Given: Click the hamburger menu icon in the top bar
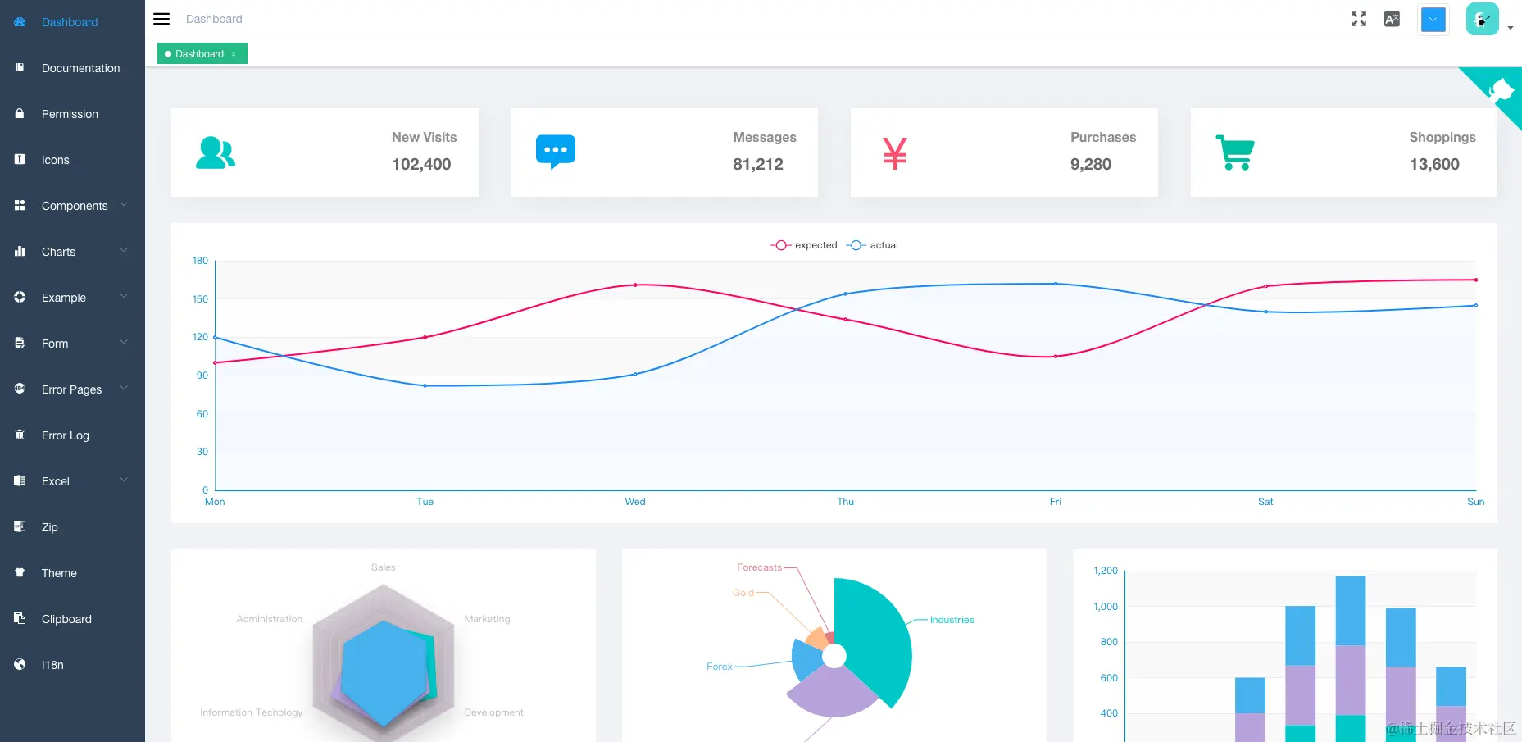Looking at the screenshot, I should click(161, 19).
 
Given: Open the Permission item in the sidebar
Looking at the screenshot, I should click(70, 114).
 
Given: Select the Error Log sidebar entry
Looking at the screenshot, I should click(65, 435).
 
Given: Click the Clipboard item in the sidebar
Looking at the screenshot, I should click(66, 619).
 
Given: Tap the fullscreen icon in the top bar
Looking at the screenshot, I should click(1358, 19).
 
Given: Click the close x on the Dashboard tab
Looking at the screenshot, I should click(234, 55).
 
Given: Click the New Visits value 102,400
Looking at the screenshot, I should click(421, 164).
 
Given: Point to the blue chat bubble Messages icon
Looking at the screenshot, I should click(555, 152).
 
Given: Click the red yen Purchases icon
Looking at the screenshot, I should click(894, 153).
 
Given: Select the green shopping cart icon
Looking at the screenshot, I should click(1234, 152).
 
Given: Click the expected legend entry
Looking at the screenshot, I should click(805, 245).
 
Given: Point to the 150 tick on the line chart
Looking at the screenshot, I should click(200, 299).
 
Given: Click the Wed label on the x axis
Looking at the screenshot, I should click(635, 502).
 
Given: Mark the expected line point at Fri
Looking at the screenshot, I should click(1056, 357).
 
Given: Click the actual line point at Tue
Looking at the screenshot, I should click(425, 385).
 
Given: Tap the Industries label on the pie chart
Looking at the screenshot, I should click(952, 620).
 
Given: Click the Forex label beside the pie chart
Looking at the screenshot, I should click(719, 667).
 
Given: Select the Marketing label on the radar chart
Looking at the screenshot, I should click(487, 619).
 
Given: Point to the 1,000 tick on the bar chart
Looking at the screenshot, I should click(1106, 607).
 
